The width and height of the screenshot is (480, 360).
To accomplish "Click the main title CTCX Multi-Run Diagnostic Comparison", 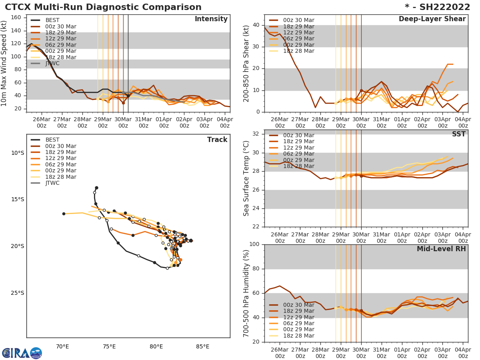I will coord(103,7).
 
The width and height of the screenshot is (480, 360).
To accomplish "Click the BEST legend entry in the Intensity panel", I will coord(52,20).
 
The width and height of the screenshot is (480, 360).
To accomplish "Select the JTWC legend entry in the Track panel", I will coord(52,183).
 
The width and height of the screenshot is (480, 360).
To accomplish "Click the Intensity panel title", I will coord(211,19).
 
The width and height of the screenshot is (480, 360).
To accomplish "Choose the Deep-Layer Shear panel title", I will coord(432,19).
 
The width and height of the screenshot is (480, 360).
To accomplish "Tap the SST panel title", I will coord(459,134).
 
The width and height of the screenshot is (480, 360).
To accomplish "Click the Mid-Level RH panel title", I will coord(441,249).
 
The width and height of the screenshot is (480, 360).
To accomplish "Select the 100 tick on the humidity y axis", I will coord(255,244).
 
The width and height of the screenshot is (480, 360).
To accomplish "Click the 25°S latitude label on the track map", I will coord(18,293).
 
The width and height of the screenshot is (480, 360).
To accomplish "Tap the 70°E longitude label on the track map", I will coord(62,346).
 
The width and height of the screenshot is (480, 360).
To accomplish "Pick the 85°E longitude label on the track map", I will coord(203,346).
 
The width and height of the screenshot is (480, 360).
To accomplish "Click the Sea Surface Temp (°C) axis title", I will coord(246,178).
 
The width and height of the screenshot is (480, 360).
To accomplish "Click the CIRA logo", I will coord(22,353).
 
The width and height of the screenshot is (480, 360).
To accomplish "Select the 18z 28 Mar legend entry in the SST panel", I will coord(298,166).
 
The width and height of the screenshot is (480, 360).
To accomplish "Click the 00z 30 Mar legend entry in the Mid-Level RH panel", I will coord(298,305).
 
